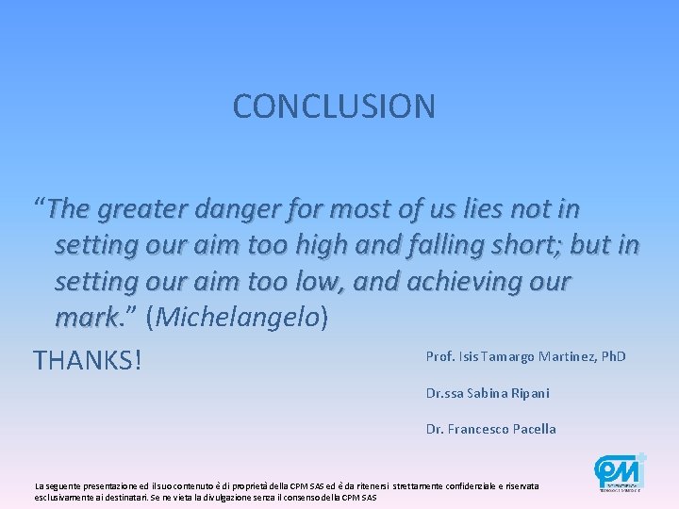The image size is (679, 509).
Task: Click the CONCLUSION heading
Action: click(334, 107)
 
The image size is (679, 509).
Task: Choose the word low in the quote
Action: click(321, 282)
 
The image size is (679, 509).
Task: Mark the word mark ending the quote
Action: click(84, 319)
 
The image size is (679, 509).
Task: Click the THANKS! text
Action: click(87, 360)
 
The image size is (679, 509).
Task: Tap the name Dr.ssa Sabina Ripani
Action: click(488, 393)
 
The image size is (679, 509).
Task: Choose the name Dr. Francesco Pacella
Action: click(491, 429)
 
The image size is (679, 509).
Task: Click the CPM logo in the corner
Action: click(619, 471)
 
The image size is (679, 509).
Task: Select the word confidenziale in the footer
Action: click(443, 485)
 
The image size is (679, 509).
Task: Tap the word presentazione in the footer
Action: click(98, 485)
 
